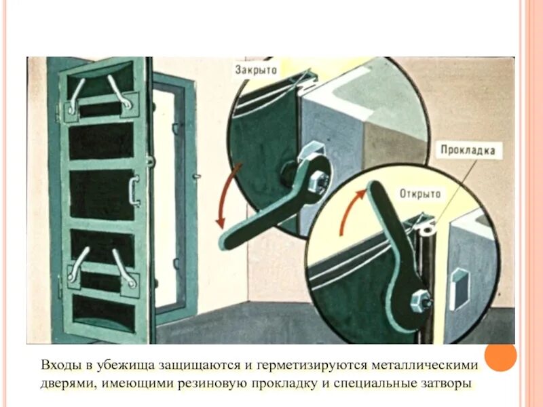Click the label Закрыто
255,69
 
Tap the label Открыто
421,193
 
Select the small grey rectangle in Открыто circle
458,284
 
